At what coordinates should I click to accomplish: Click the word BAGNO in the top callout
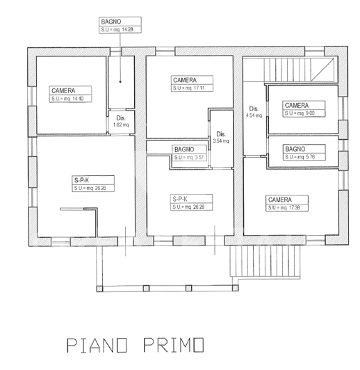click(x=111, y=22)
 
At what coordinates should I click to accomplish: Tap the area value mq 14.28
click(x=126, y=30)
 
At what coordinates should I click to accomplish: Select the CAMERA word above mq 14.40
click(x=63, y=90)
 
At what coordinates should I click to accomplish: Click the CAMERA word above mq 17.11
click(x=185, y=80)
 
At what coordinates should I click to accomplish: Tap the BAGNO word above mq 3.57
click(x=184, y=150)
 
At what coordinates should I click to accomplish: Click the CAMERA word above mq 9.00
click(x=296, y=105)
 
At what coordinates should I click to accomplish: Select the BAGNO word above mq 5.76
click(x=295, y=149)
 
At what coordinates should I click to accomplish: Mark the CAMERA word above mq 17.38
click(x=279, y=199)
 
